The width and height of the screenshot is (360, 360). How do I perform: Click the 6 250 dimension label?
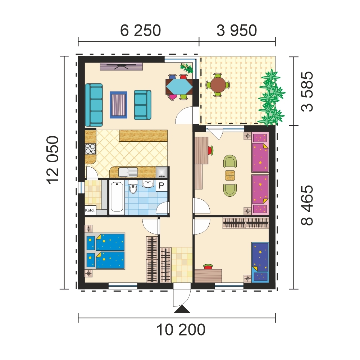tap(140, 31)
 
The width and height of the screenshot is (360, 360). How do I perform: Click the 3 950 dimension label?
tap(237, 31)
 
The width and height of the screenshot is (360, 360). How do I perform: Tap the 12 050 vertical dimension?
tap(53, 160)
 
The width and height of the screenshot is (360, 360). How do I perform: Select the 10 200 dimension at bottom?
tap(181, 329)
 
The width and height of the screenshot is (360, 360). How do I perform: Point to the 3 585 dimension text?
tap(306, 92)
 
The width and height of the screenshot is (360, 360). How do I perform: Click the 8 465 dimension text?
tap(306, 205)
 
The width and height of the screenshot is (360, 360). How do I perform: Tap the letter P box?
tap(161, 186)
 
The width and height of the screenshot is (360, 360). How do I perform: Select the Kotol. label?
tap(90, 211)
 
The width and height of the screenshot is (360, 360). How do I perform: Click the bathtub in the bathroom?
tap(117, 197)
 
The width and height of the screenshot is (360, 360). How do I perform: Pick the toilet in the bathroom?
tap(133, 188)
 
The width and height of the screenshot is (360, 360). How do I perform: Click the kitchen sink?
tap(128, 172)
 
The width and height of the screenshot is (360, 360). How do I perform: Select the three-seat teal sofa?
tap(94, 102)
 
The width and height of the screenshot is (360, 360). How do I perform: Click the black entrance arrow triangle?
tap(182, 309)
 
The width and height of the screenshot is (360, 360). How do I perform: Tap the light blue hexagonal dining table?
tap(179, 86)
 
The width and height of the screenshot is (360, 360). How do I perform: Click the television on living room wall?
tap(122, 66)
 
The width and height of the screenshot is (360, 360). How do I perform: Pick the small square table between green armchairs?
tap(230, 176)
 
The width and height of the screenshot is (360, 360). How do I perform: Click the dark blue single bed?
tap(260, 261)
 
